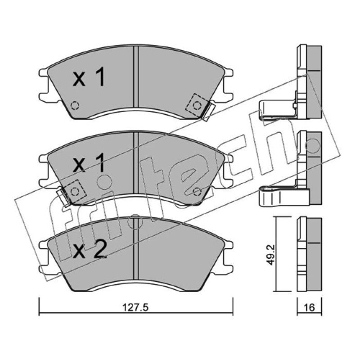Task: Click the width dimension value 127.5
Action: (x=135, y=307)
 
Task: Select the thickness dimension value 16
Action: (x=309, y=307)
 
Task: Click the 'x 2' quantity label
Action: (x=90, y=249)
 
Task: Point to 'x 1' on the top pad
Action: (x=89, y=76)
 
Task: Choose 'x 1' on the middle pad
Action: (x=89, y=163)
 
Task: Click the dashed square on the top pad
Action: (x=197, y=105)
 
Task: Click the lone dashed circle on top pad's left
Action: (x=75, y=105)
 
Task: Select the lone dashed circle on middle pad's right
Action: (x=197, y=191)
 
